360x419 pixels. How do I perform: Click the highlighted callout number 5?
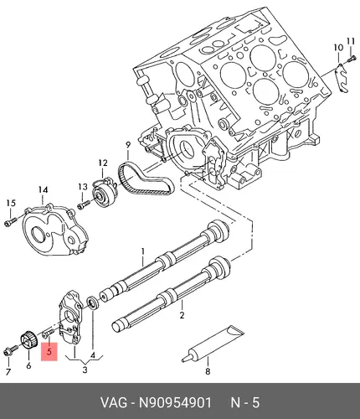49,351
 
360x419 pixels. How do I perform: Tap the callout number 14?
43,190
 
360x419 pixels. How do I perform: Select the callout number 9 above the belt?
128,145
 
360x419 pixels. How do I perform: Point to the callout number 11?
351,42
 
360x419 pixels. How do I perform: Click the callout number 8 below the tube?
208,371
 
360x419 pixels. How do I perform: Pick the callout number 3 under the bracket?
85,370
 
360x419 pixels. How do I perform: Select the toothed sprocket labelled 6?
28,339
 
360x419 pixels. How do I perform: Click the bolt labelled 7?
11,350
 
